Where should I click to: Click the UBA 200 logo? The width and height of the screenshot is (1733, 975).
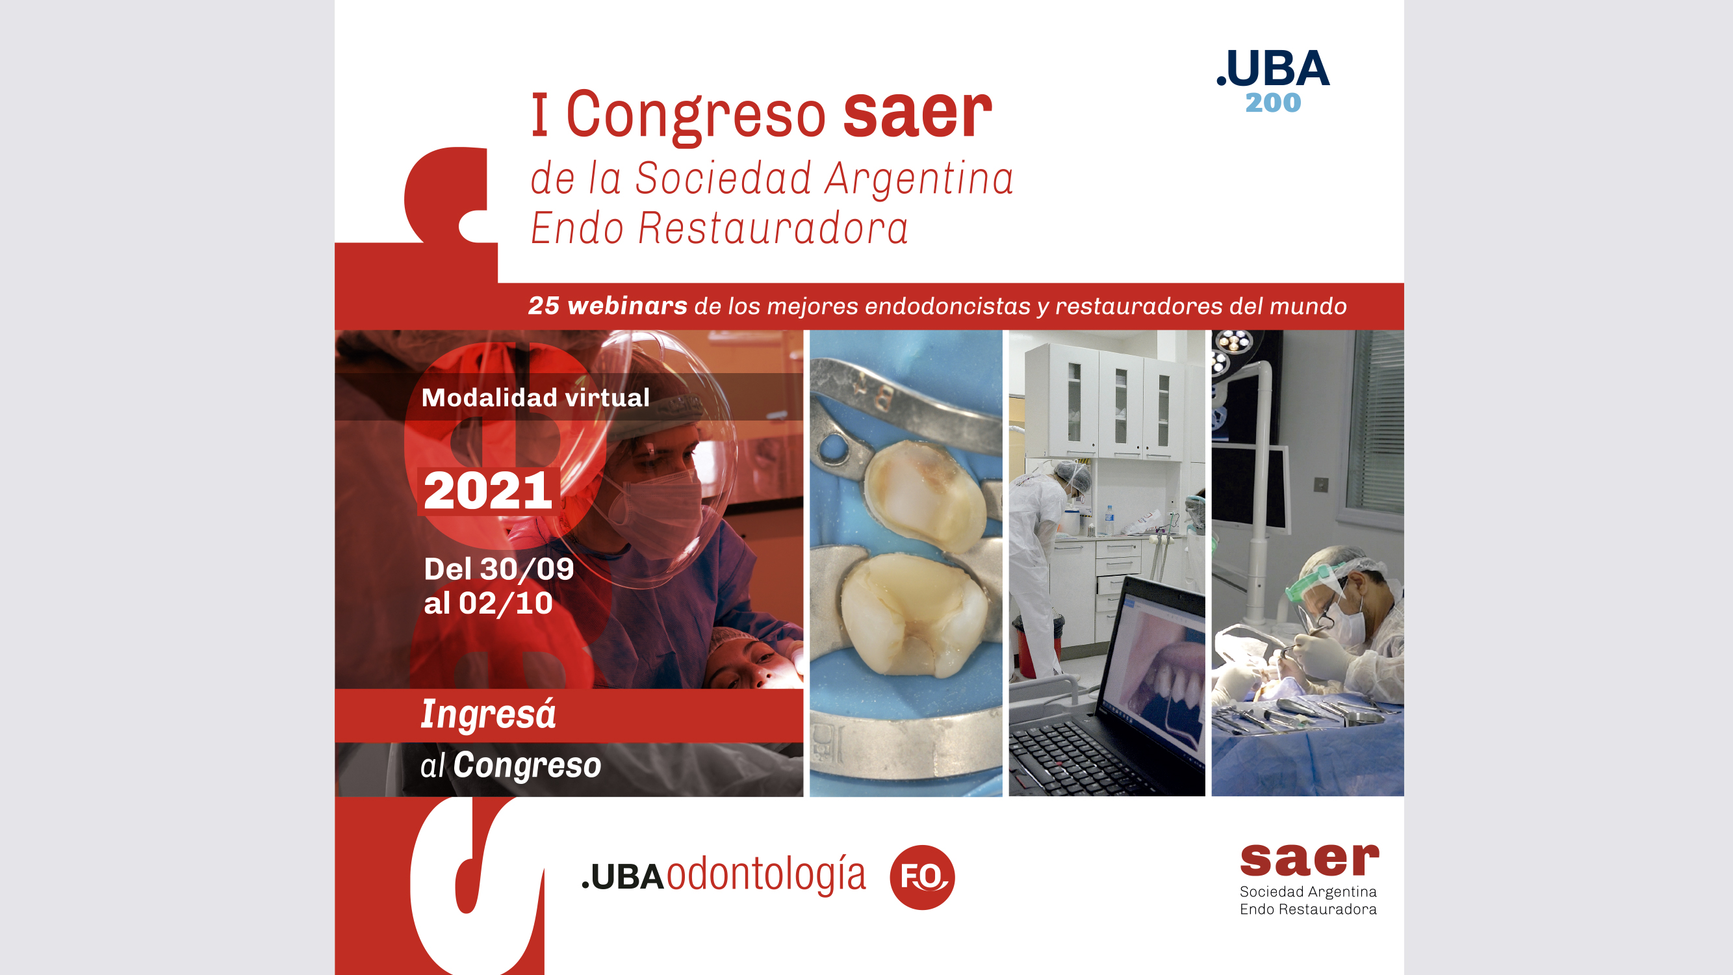pos(1273,80)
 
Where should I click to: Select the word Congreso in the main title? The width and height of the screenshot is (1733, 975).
pos(696,116)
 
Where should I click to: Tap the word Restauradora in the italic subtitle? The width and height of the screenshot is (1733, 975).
pos(773,228)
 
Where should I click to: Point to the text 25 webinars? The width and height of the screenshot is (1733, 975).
pos(608,305)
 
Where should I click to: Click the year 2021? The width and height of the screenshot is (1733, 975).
pos(488,491)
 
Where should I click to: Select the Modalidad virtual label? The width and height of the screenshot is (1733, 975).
pos(535,398)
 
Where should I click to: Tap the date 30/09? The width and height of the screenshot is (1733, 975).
pos(527,569)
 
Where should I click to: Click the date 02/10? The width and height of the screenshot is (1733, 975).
pos(506,603)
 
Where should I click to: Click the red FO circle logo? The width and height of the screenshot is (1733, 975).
pos(921,877)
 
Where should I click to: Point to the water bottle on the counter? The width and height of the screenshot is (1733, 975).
pos(1109,519)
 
